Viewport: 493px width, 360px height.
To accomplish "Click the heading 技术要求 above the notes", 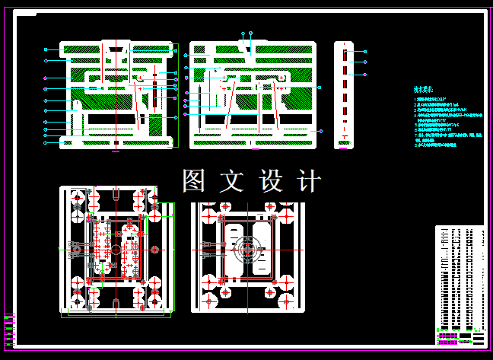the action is [x=423, y=89].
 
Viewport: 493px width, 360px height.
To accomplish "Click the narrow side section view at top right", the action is [x=345, y=93].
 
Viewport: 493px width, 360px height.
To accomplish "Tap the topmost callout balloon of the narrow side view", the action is [x=365, y=52].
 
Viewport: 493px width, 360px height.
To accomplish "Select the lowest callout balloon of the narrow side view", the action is [x=365, y=75].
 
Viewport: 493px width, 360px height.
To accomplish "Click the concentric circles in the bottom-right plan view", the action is [x=248, y=249].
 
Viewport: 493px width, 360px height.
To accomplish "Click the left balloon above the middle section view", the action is [x=243, y=33].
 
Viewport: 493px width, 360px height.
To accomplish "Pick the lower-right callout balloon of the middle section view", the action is [x=320, y=132].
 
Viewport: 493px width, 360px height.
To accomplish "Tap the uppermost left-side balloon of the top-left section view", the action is [x=46, y=49].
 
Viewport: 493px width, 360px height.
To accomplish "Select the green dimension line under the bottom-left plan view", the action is [x=114, y=314].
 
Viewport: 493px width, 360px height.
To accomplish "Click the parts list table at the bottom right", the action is [x=460, y=278].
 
